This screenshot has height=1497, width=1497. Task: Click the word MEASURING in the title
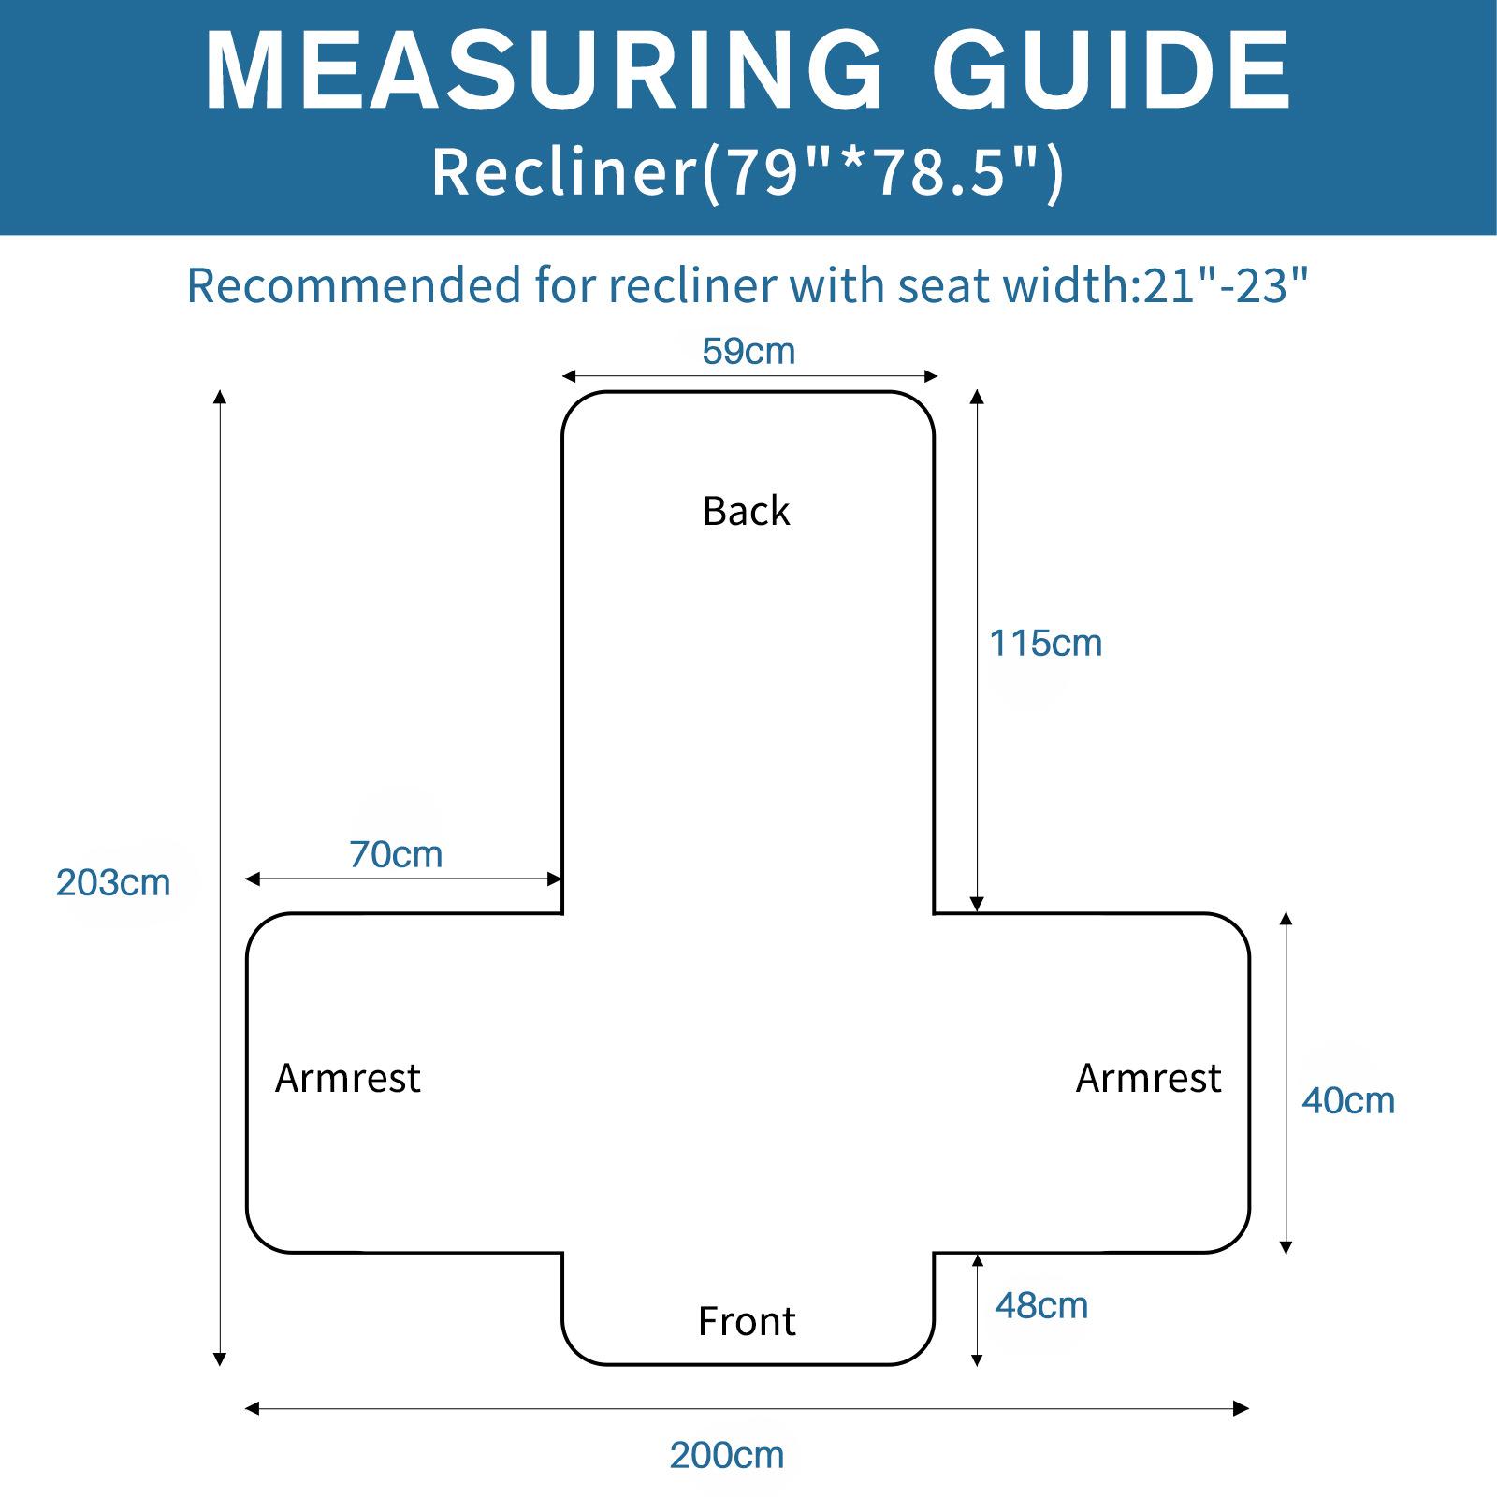[x=543, y=73]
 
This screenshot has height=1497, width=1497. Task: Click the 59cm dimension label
[x=748, y=352]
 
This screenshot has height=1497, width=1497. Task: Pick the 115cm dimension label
[x=1046, y=644]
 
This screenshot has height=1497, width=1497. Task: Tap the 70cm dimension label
[x=396, y=854]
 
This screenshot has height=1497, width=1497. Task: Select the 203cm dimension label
[x=113, y=883]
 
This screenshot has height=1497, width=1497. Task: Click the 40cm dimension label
[x=1348, y=1101]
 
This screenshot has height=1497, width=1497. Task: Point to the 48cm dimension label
[x=1041, y=1306]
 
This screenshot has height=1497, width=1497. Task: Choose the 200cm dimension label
[x=727, y=1456]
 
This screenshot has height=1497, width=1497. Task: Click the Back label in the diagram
[x=747, y=512]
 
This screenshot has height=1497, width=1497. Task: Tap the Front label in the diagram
[x=747, y=1322]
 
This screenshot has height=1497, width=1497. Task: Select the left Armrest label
[x=348, y=1079]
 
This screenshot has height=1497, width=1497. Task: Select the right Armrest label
[x=1148, y=1079]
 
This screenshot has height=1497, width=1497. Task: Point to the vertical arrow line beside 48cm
[x=977, y=1310]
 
